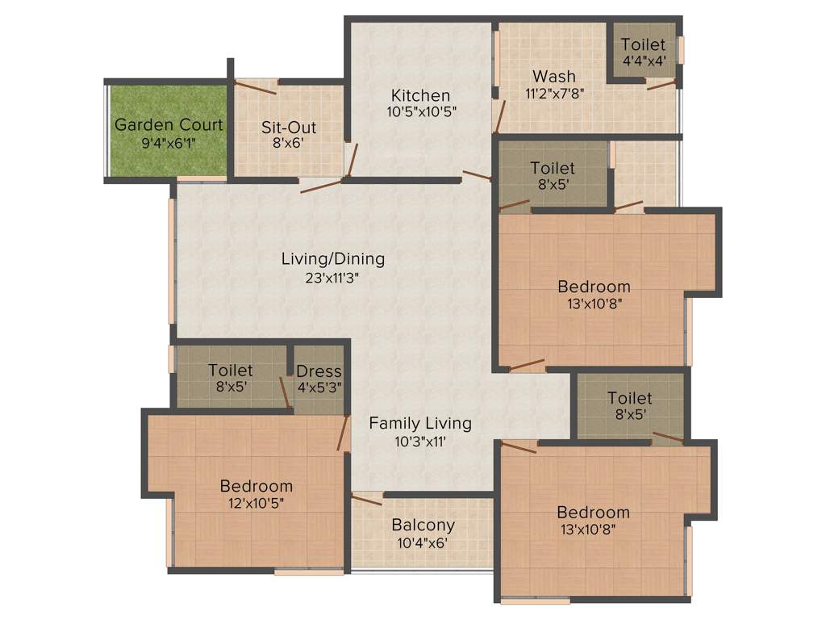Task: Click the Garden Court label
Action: [x=169, y=125]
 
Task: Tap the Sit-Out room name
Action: [x=289, y=128]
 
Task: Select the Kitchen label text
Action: [x=421, y=95]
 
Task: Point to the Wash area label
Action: [x=554, y=76]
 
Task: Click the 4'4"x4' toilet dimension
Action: [x=643, y=61]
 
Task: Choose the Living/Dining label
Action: [x=332, y=259]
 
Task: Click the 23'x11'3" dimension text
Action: [x=332, y=277]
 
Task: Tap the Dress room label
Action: [x=319, y=371]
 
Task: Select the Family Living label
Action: [x=420, y=423]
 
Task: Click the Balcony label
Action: [x=423, y=525]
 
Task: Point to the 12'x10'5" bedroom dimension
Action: [x=257, y=503]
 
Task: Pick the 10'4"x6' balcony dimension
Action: [x=423, y=542]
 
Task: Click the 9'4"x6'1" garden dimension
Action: [x=169, y=143]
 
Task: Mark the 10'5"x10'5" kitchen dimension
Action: [x=421, y=112]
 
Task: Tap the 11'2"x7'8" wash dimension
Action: [x=554, y=93]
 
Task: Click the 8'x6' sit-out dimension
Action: [x=289, y=145]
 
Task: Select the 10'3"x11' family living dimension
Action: [x=420, y=441]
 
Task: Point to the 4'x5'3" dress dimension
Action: [x=319, y=388]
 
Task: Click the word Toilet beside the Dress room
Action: [x=231, y=370]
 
